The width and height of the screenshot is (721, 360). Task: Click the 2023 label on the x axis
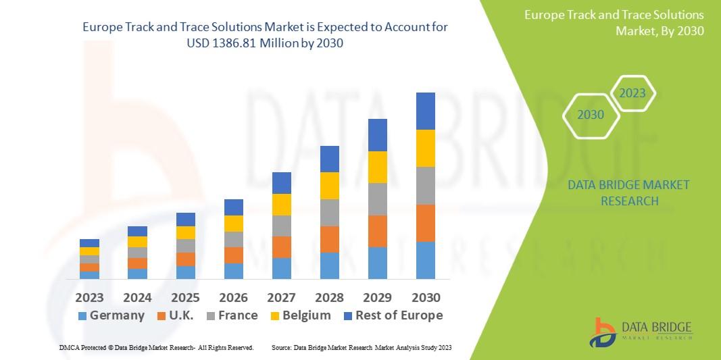coord(89,297)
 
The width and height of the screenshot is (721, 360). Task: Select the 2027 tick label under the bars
coord(281,297)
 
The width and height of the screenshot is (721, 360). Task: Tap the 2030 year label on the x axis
coord(426,297)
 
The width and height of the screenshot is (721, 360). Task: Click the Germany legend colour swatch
coord(82,316)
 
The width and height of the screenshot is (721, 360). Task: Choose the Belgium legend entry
coord(299,315)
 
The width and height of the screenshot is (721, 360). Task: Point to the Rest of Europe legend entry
coord(392,315)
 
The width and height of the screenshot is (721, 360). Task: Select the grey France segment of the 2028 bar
coord(329,212)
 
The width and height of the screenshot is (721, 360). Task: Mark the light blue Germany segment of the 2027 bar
coord(281,268)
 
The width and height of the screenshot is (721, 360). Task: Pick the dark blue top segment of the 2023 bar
coord(89,243)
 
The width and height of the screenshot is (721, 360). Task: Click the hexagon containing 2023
coord(632,93)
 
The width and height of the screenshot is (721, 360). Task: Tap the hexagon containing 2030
coord(591,115)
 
